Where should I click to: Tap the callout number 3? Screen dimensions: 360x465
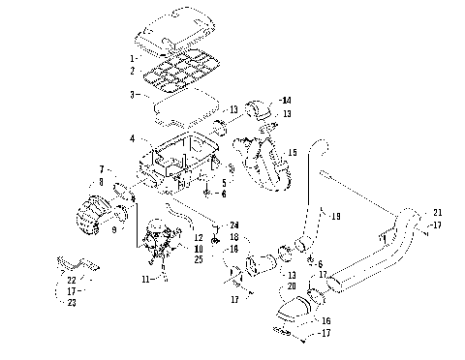(133, 95)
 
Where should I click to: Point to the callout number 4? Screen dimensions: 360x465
(133, 139)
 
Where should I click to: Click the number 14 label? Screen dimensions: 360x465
(284, 101)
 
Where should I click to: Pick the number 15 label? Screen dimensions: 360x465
(293, 152)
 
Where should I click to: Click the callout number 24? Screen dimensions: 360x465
(234, 225)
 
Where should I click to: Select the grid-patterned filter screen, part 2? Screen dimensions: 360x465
(184, 71)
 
